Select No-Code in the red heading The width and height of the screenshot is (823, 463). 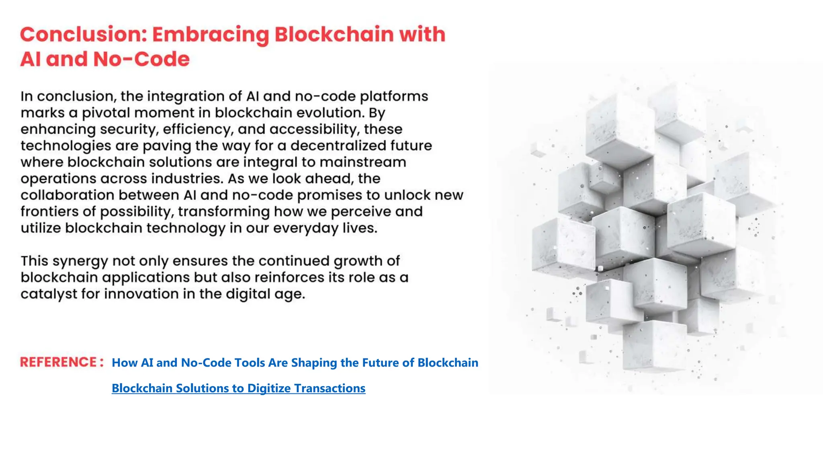141,59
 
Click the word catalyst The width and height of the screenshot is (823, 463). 49,294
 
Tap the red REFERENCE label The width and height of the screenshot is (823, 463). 59,362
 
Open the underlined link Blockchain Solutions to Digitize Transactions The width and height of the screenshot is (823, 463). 238,388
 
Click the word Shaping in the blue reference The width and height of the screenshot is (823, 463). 314,363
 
